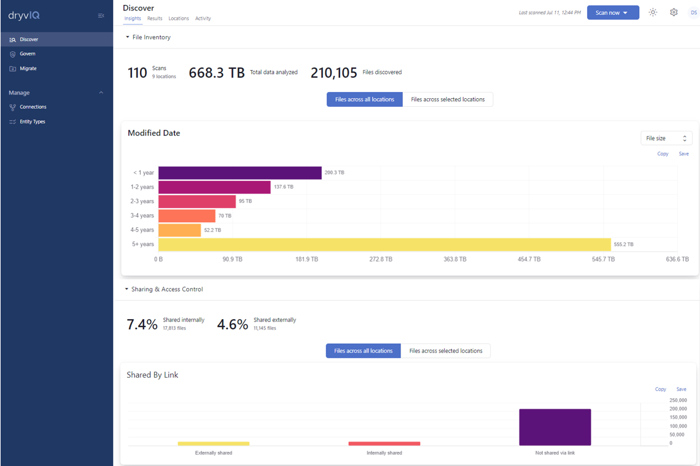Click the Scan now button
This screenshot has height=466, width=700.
pyautogui.click(x=612, y=13)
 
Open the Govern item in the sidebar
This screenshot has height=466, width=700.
pyautogui.click(x=27, y=54)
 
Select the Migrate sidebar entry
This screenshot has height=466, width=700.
pyautogui.click(x=28, y=69)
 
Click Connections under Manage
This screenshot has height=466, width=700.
pyautogui.click(x=33, y=107)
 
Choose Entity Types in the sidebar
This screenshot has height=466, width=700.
pyautogui.click(x=32, y=122)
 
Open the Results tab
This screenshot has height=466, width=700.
pyautogui.click(x=155, y=18)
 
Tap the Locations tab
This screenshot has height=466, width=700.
pyautogui.click(x=179, y=18)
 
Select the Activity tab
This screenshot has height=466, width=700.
pyautogui.click(x=203, y=18)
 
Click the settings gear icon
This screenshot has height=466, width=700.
pyautogui.click(x=674, y=12)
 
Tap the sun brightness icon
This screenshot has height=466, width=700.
pyautogui.click(x=653, y=12)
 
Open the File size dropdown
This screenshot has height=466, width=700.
pyautogui.click(x=666, y=138)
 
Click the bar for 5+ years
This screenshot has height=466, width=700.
pyautogui.click(x=384, y=244)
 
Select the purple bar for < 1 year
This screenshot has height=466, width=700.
pyautogui.click(x=239, y=173)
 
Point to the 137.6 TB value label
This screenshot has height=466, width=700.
pyautogui.click(x=284, y=187)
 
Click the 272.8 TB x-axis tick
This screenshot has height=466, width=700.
pyautogui.click(x=381, y=260)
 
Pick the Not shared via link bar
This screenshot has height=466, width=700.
pyautogui.click(x=554, y=427)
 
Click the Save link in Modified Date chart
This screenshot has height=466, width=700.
pyautogui.click(x=683, y=153)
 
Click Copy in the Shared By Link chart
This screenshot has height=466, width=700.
pyautogui.click(x=661, y=389)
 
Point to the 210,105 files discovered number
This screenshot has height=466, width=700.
pyautogui.click(x=334, y=73)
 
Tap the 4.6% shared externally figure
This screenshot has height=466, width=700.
pyautogui.click(x=233, y=325)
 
